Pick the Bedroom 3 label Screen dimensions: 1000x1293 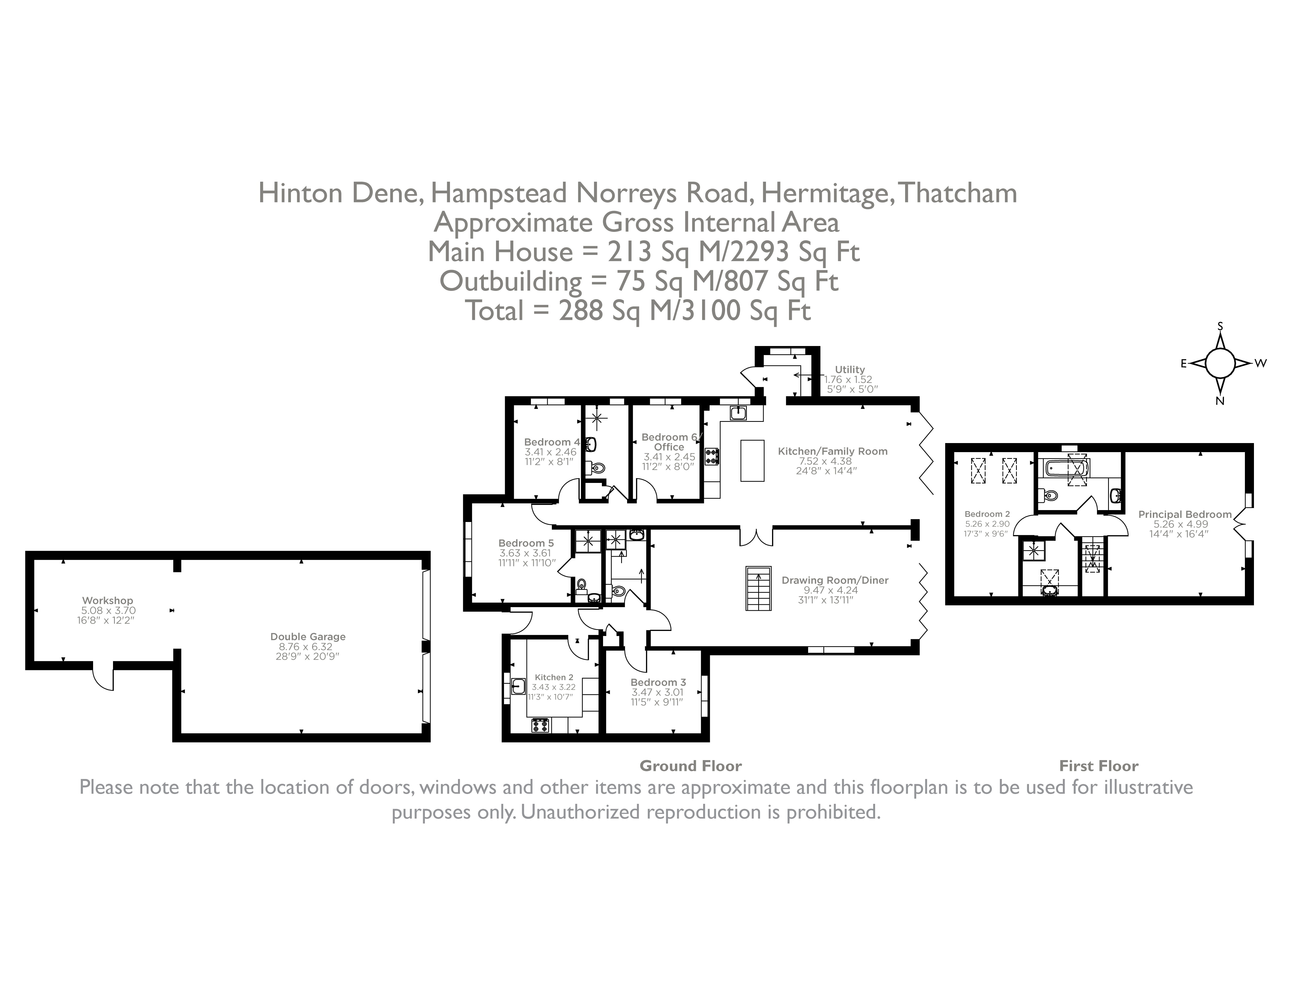(658, 682)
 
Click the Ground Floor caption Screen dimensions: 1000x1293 (690, 766)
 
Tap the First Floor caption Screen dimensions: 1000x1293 (1098, 766)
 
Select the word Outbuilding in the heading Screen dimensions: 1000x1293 (510, 281)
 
